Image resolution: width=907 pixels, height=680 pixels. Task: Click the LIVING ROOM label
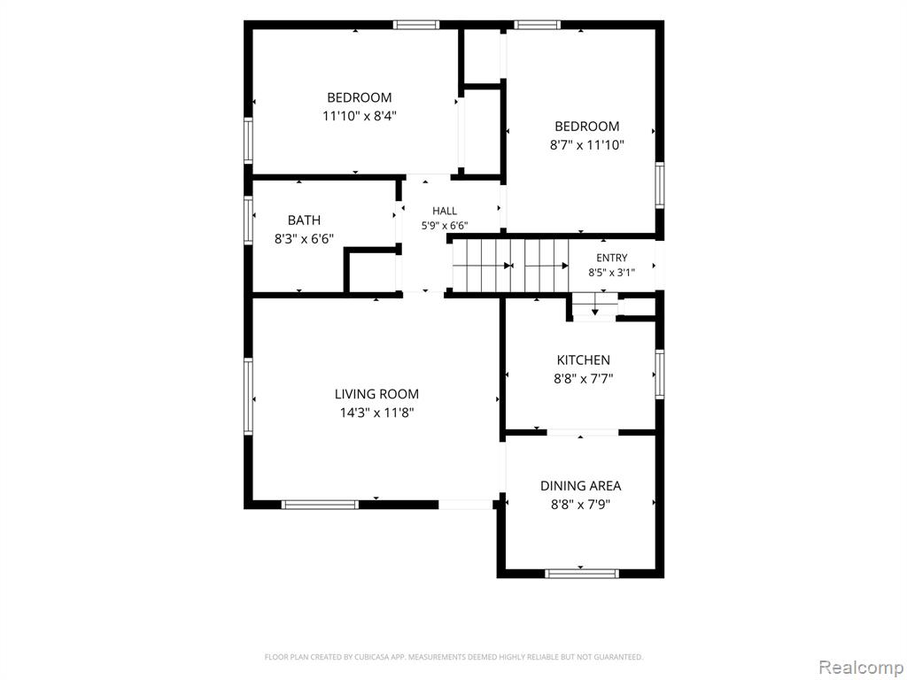[x=376, y=394]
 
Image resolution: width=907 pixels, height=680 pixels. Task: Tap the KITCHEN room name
[x=583, y=360]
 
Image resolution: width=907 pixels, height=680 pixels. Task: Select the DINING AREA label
[x=581, y=486]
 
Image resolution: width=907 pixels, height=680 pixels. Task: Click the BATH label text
[x=305, y=220]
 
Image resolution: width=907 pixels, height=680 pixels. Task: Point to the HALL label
[x=445, y=211]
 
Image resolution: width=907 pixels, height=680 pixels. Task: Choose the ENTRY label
[x=612, y=258]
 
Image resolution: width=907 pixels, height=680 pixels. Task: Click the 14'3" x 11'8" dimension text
[x=377, y=413]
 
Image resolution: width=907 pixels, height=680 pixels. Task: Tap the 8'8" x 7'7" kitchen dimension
[x=584, y=379]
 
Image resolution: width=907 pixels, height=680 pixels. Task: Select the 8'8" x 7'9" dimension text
[x=581, y=504]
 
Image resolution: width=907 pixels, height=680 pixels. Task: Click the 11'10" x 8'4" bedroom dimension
[x=360, y=116]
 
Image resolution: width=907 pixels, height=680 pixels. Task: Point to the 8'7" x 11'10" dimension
[x=587, y=145]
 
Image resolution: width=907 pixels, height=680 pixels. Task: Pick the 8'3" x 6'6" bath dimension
[x=305, y=239]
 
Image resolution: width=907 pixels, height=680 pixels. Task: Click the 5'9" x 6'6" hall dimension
[x=445, y=226]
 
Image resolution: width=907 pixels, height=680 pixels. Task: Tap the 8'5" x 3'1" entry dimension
[x=612, y=273]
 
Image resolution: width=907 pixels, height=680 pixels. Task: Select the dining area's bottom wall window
[x=582, y=574]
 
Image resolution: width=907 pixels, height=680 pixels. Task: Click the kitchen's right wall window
[x=659, y=375]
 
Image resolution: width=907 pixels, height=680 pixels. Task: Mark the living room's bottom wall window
[x=320, y=505]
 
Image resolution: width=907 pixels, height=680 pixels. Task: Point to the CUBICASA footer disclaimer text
[x=454, y=657]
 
